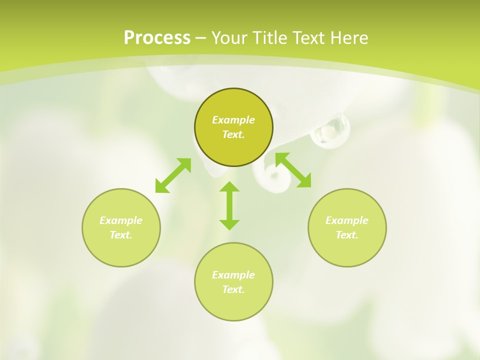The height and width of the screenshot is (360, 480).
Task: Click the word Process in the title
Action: [157, 38]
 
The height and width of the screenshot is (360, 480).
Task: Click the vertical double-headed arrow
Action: [229, 206]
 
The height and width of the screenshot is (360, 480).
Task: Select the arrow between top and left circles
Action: [173, 175]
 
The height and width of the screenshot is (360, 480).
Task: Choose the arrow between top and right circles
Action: [293, 170]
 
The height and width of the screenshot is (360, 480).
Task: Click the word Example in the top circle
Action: [233, 120]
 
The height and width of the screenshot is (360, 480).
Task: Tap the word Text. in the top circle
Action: [233, 134]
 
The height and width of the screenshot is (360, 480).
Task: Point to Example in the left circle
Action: [121, 220]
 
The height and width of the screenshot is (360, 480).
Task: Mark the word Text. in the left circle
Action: [121, 235]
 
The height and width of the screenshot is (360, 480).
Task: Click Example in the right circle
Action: [347, 220]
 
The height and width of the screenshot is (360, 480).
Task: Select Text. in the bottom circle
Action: [233, 289]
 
